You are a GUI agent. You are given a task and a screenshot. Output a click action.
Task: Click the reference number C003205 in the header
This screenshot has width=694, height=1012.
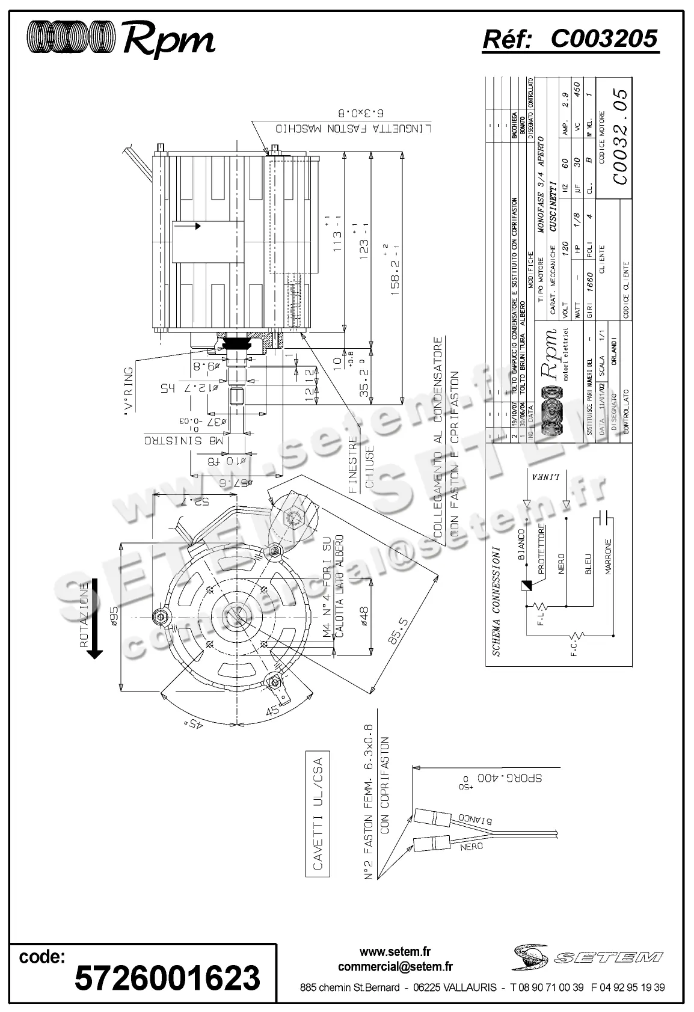tap(604, 39)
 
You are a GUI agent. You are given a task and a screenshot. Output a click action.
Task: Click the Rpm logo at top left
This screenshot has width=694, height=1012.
tap(120, 39)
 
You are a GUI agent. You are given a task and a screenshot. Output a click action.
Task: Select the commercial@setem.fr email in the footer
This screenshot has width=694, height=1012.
tap(395, 967)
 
